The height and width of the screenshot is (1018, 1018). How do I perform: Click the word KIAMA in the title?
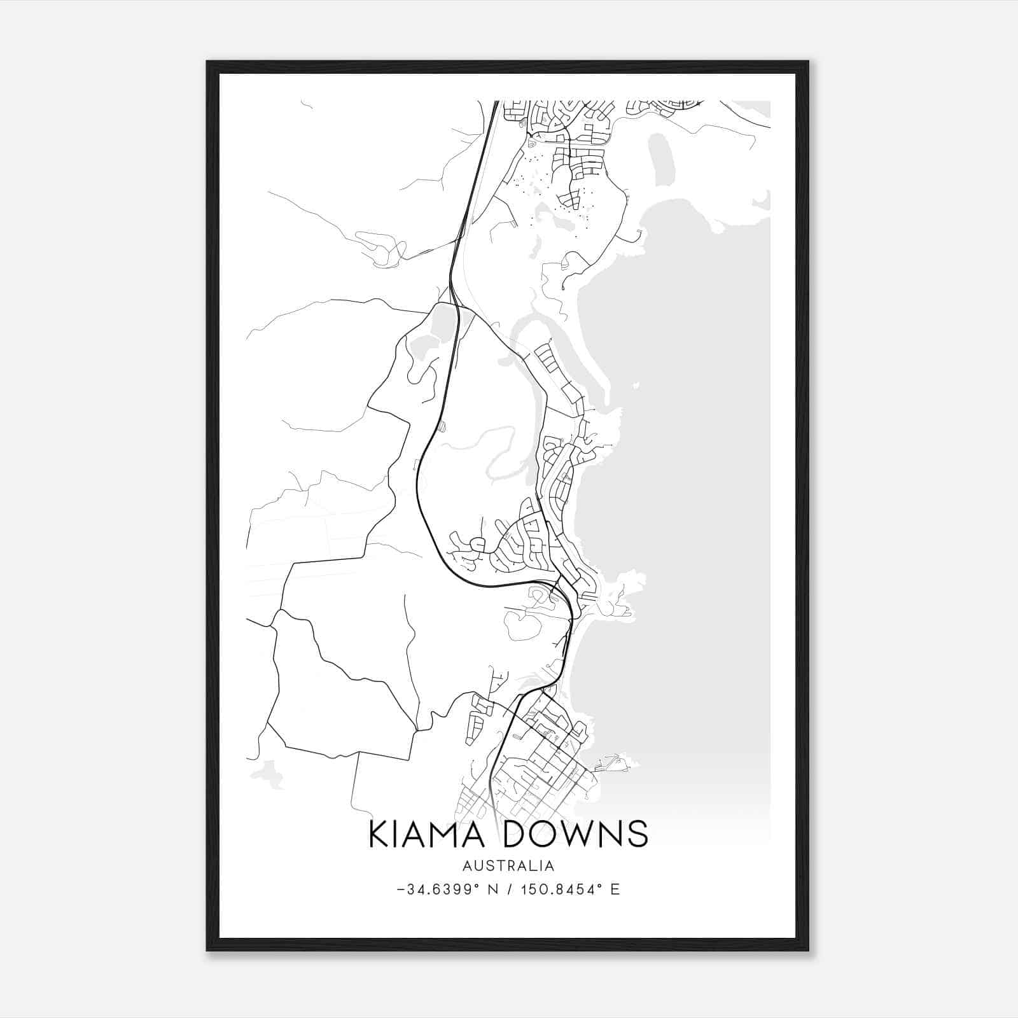click(x=429, y=834)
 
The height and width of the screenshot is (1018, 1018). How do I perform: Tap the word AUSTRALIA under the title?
click(x=508, y=866)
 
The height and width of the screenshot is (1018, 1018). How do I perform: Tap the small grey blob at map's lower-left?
click(x=268, y=774)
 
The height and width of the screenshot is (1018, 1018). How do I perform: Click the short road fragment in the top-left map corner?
click(x=306, y=104)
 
